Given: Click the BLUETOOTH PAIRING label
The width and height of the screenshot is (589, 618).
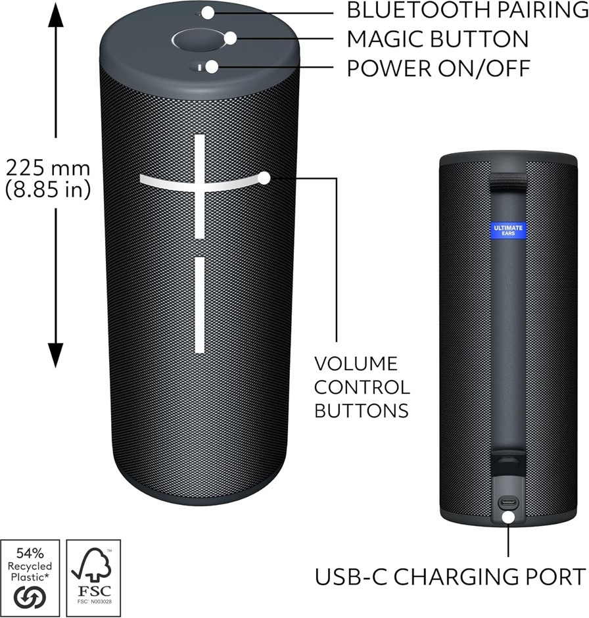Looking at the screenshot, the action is [467, 10].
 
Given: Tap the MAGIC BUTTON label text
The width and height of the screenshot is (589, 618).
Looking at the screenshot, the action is [437, 39].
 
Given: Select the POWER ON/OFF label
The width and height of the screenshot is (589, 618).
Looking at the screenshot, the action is [438, 68].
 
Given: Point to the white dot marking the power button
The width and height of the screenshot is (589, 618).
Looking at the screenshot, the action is [212, 67].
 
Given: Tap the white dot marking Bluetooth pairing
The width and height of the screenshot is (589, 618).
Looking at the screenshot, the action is [208, 12].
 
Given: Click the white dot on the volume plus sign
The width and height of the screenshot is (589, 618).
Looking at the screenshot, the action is [264, 178].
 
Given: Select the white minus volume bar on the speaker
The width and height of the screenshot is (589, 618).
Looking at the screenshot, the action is [200, 304].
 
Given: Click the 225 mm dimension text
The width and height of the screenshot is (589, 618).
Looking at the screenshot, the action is [48, 168].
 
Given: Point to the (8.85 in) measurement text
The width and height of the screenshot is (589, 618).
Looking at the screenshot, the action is [48, 189].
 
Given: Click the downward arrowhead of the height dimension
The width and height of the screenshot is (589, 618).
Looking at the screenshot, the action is [56, 355].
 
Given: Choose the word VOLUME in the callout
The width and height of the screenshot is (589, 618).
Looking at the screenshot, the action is [356, 364].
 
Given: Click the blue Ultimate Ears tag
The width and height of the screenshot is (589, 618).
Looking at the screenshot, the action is [508, 231].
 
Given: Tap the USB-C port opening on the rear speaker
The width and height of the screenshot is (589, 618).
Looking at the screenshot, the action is [508, 502].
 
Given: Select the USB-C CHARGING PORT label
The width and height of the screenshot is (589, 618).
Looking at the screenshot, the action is [450, 577].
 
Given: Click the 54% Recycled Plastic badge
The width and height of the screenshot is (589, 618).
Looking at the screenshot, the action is [30, 578].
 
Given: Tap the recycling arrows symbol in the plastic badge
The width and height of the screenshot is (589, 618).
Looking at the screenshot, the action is [30, 598].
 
